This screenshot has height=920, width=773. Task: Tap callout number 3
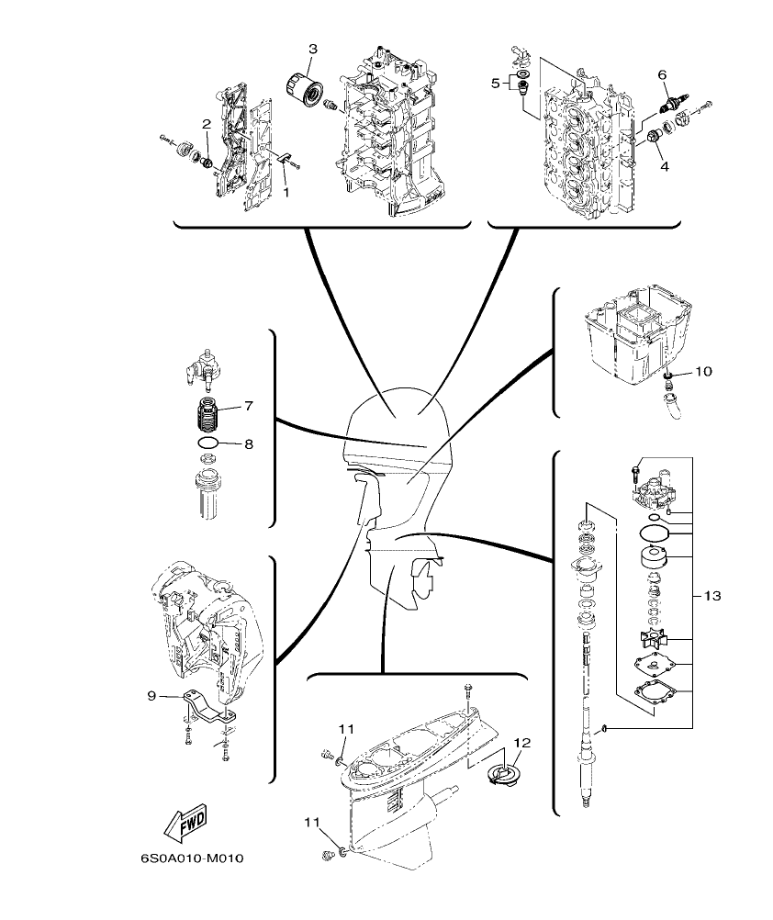tap(313, 48)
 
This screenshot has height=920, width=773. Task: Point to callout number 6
tap(662, 75)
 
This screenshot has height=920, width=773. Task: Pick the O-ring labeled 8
tap(208, 444)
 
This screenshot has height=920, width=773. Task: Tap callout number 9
tap(152, 696)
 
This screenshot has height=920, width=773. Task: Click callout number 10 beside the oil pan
tap(702, 371)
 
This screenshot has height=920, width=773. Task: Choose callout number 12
tap(521, 742)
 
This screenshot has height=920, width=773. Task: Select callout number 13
tap(712, 596)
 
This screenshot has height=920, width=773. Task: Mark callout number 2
tap(207, 123)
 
